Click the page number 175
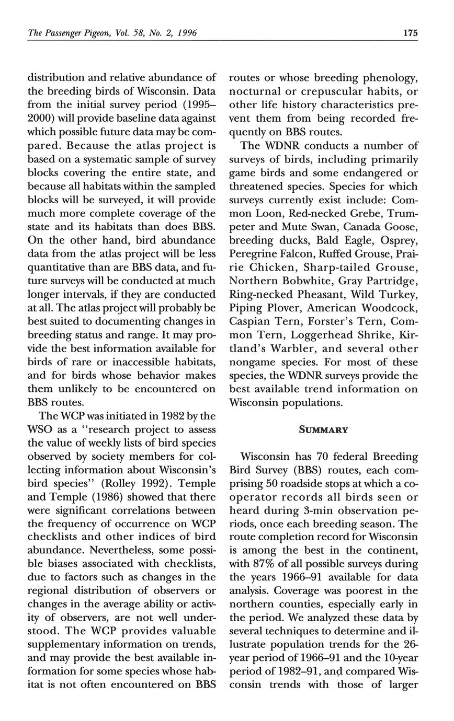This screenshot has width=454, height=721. tap(411, 33)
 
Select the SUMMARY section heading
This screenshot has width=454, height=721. tap(323, 430)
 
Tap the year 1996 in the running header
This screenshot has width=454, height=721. tap(187, 33)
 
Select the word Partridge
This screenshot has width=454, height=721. tap(390, 281)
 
